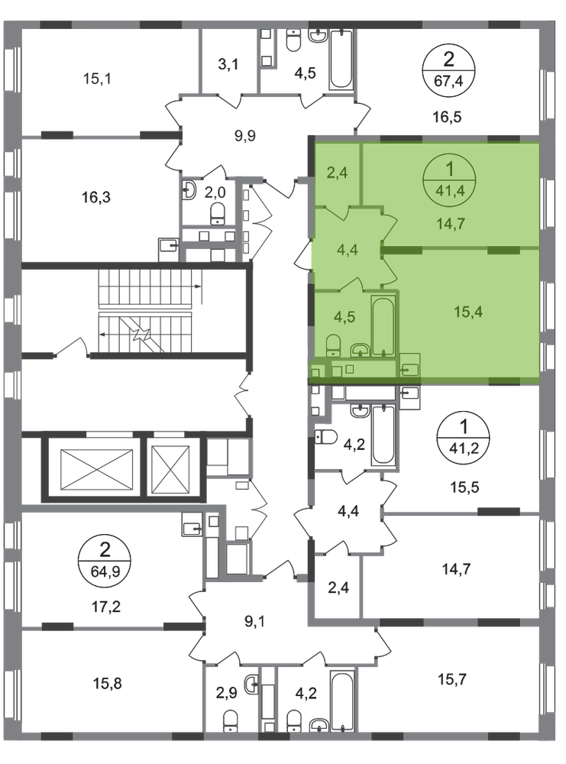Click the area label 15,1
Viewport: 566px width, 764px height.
coord(98,79)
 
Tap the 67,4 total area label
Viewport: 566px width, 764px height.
coord(448,80)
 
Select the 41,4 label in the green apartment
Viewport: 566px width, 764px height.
coord(450,190)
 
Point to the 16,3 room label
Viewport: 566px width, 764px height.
coord(96,197)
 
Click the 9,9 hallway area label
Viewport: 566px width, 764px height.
coord(245,135)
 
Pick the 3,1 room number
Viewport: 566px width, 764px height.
coord(228,64)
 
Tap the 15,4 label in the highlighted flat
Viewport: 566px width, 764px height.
coord(468,312)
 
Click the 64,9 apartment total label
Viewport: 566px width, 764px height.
coord(105,570)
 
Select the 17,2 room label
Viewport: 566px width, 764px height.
coord(105,607)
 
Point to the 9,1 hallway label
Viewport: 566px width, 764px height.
coord(254,622)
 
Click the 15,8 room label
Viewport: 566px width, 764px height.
coord(107,684)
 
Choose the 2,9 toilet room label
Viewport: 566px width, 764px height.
coord(227,692)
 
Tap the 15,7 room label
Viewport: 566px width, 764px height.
coord(452,678)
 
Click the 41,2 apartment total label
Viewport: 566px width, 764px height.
coord(463,447)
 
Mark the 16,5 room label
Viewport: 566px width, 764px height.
coord(447,117)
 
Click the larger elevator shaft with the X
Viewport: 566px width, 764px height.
coord(96,469)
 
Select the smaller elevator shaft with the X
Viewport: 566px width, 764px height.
coord(170,469)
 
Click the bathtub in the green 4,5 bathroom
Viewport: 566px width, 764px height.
coord(383,325)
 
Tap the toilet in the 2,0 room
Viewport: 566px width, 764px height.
coord(217,214)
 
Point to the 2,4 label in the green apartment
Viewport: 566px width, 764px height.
coord(337,173)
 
